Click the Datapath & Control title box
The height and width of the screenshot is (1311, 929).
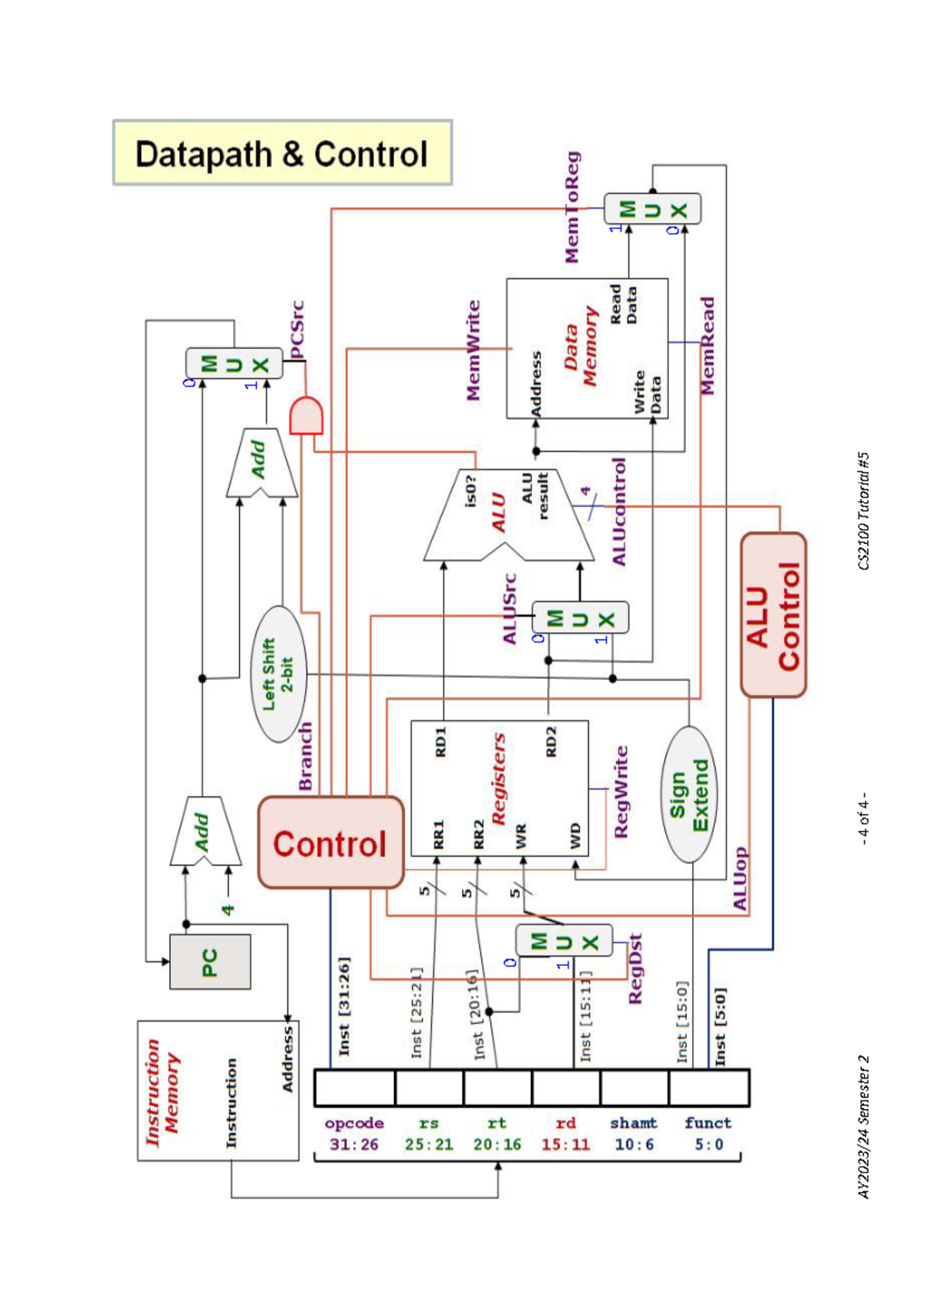pos(283,153)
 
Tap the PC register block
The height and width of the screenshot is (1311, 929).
pos(210,961)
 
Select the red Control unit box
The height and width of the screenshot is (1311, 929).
pos(331,843)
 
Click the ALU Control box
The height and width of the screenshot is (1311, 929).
pos(773,614)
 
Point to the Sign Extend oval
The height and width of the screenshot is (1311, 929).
pos(688,794)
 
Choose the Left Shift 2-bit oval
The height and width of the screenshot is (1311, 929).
pos(279,674)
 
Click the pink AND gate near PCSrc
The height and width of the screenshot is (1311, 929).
pos(306,416)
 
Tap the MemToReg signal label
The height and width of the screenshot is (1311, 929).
pos(571,207)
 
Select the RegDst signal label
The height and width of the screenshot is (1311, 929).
pos(635,969)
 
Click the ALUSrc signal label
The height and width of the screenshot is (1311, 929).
pos(509,608)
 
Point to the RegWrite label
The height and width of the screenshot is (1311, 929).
pos(621,792)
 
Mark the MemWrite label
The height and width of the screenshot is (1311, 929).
pos(473,351)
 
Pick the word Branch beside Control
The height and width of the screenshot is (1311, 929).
pos(306,756)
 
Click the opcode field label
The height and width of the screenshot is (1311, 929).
pos(354,1122)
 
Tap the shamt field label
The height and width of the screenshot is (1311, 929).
pos(633,1122)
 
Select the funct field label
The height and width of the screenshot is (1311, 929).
pos(708,1122)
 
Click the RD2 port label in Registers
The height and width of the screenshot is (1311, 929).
pos(550,741)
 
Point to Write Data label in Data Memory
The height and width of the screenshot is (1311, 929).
pos(647,392)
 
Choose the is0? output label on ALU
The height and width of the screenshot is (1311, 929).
pos(471,491)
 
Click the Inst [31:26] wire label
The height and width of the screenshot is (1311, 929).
pos(345,1006)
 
